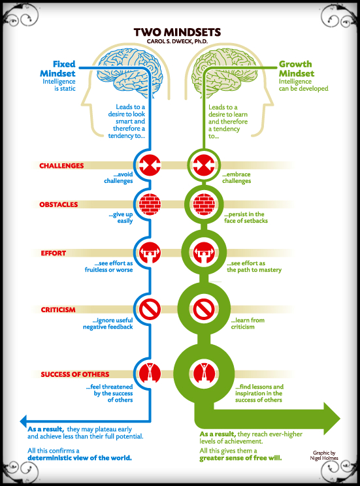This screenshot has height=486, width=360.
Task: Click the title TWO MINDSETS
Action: (176, 31)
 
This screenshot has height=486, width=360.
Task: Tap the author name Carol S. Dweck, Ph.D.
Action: (176, 41)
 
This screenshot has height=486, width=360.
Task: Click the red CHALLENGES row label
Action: (61, 166)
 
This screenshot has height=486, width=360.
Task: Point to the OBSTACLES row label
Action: (59, 204)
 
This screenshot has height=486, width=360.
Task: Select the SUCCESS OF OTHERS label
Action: (74, 374)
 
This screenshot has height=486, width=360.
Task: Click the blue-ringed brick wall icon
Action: (150, 202)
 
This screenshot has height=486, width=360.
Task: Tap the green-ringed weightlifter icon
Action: (202, 251)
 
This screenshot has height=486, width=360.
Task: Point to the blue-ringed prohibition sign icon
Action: (150, 308)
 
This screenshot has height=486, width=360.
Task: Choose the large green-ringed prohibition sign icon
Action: (202, 308)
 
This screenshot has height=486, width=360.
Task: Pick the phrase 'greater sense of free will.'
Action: (240, 459)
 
